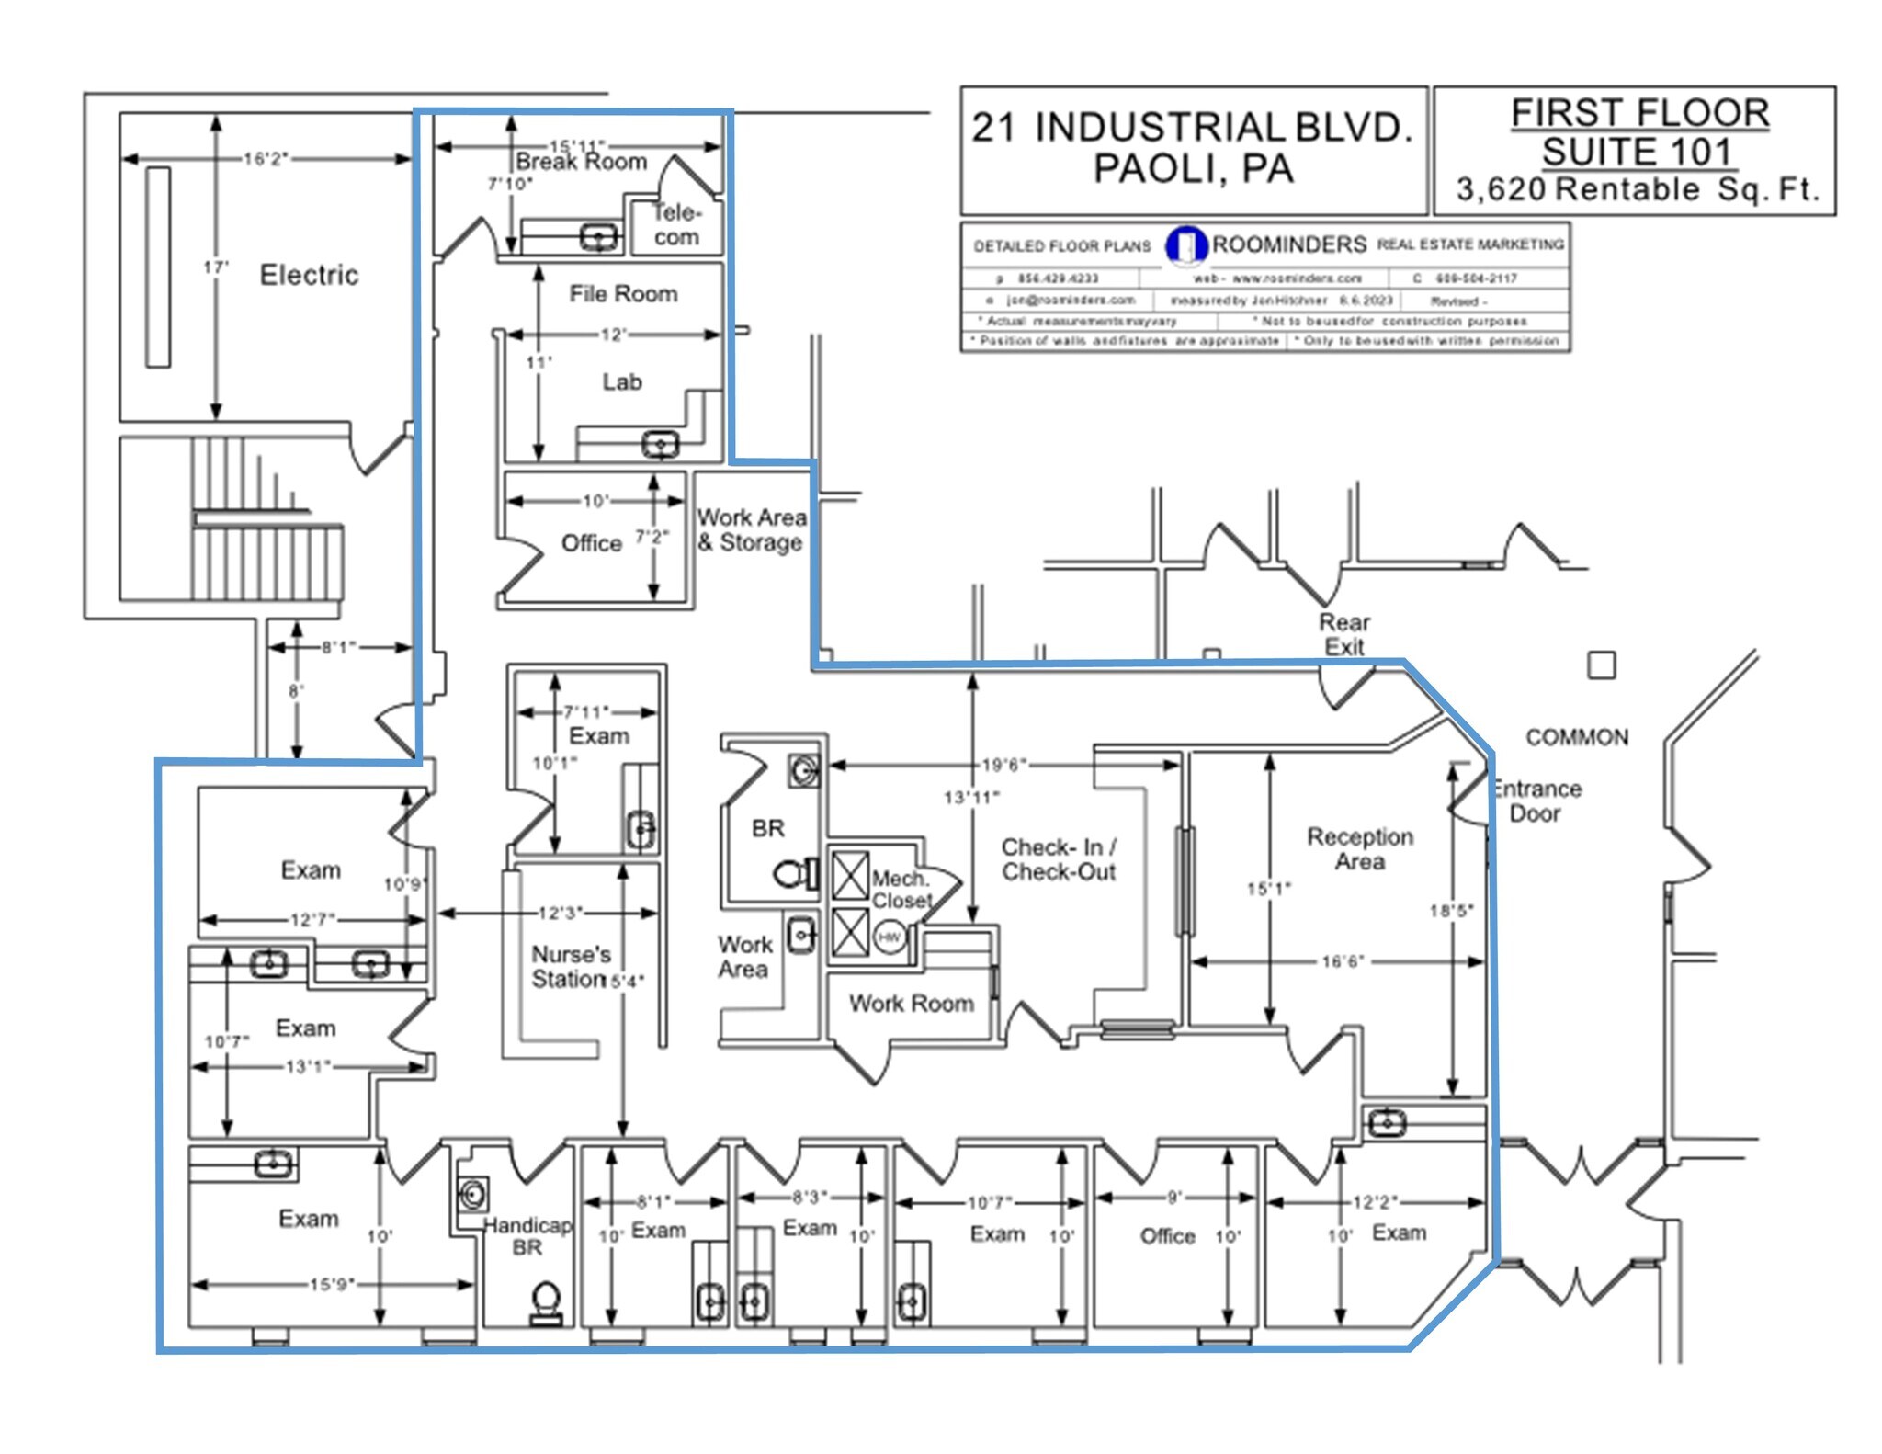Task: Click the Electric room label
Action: point(309,275)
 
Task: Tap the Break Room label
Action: point(581,162)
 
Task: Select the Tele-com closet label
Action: point(676,225)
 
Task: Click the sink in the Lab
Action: point(660,445)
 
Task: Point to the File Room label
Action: point(623,294)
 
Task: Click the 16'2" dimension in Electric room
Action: point(266,159)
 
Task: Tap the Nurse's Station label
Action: point(571,967)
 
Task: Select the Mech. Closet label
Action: point(901,890)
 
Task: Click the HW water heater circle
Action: point(890,937)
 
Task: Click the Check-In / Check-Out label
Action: point(1059,859)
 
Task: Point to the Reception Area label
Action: point(1360,849)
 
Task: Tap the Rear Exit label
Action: point(1344,634)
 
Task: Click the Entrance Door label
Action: point(1536,801)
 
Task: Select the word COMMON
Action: point(1577,737)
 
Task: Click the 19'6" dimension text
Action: point(1003,765)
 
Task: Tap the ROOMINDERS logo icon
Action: point(1185,245)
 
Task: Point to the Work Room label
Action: point(911,1004)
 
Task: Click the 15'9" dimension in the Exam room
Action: point(331,1284)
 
